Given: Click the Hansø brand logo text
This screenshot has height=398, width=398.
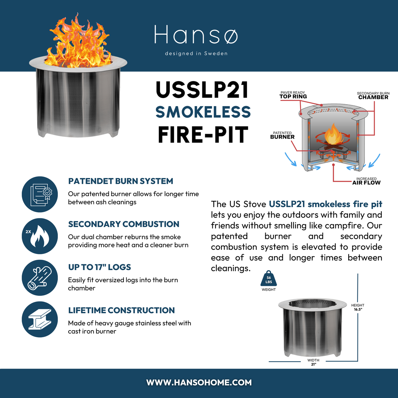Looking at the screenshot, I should pyautogui.click(x=196, y=35).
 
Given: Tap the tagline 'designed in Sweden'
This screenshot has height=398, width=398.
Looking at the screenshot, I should pyautogui.click(x=196, y=53).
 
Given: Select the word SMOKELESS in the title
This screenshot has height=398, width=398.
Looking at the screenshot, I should pyautogui.click(x=203, y=112).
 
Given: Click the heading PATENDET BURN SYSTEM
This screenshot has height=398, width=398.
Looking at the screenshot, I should pyautogui.click(x=121, y=181).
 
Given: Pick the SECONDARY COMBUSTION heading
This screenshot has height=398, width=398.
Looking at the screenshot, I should pyautogui.click(x=123, y=224).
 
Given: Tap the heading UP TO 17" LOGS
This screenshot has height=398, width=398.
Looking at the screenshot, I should pyautogui.click(x=99, y=267).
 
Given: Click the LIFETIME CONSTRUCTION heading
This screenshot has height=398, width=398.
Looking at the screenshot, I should pyautogui.click(x=121, y=310).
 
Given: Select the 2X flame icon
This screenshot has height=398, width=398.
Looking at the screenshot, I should pyautogui.click(x=39, y=236).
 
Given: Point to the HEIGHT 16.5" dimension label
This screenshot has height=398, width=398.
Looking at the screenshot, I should pyautogui.click(x=357, y=307).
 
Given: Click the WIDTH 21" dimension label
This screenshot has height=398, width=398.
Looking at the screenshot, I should pyautogui.click(x=313, y=362).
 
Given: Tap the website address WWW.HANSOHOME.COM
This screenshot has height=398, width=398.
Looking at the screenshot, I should pyautogui.click(x=199, y=383).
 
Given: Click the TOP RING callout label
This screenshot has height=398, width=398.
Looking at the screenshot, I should pyautogui.click(x=293, y=95).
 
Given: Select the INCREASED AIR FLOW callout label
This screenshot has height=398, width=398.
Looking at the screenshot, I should pyautogui.click(x=366, y=181).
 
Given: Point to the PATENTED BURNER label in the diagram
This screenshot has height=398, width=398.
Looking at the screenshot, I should pyautogui.click(x=282, y=135).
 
